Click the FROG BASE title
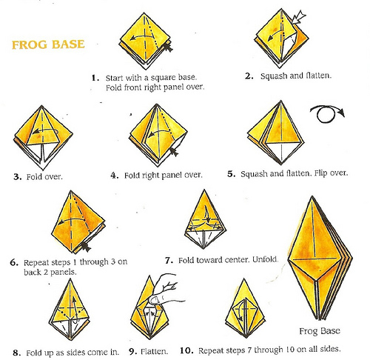pyautogui.click(x=48, y=44)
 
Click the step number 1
pyautogui.click(x=95, y=79)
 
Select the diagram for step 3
pyautogui.click(x=43, y=138)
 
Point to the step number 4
pyautogui.click(x=115, y=176)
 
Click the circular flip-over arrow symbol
pyautogui.click(x=327, y=114)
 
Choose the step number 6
pyautogui.click(x=14, y=262)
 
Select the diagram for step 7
pyautogui.click(x=205, y=219)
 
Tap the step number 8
pyautogui.click(x=17, y=353)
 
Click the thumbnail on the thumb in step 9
pyautogui.click(x=155, y=300)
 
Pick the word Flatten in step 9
pyautogui.click(x=154, y=351)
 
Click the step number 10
pyautogui.click(x=186, y=350)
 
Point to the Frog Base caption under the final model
pyautogui.click(x=320, y=331)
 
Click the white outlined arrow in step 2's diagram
pyautogui.click(x=298, y=17)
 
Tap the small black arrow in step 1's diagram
pyautogui.click(x=168, y=47)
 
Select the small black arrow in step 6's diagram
pyautogui.click(x=86, y=247)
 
